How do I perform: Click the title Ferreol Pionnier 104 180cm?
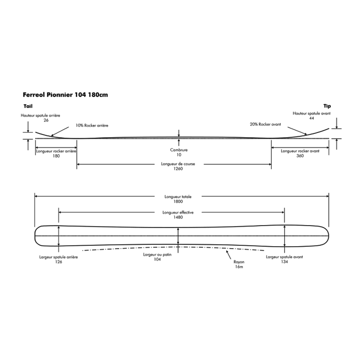(65, 95)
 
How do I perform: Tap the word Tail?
(27, 106)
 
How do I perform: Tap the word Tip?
(327, 106)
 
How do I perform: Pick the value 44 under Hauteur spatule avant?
(312, 118)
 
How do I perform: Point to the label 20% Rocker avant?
(266, 124)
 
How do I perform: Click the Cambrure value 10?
(179, 155)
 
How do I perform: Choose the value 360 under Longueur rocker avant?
(300, 156)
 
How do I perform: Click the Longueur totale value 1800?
(179, 202)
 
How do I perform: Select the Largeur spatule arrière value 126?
(58, 262)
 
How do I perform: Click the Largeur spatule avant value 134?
(285, 262)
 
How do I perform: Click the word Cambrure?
(179, 150)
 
